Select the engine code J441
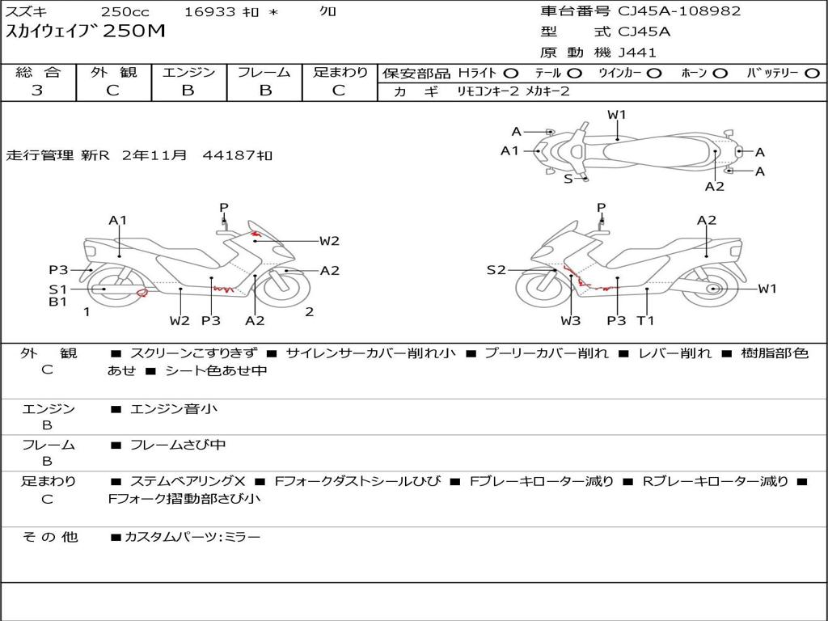(637, 53)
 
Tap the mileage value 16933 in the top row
(210, 12)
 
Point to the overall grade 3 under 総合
(37, 91)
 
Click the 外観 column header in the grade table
(113, 72)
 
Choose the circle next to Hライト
(510, 73)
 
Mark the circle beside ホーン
(720, 73)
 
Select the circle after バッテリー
(812, 73)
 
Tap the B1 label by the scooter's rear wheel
(57, 302)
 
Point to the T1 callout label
(645, 321)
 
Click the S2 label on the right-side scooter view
(496, 270)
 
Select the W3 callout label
(571, 321)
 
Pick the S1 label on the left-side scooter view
(57, 289)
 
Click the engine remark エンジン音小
(174, 409)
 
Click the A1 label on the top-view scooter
(509, 150)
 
